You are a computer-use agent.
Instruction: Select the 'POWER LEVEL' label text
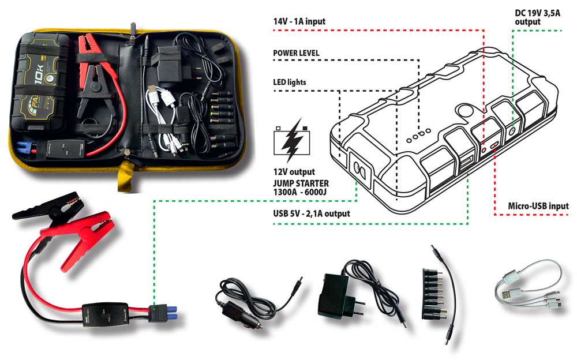296,53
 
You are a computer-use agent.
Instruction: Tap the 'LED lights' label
289,82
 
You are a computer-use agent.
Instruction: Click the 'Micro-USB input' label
538,206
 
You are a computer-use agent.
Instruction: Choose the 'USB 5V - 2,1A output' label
312,213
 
